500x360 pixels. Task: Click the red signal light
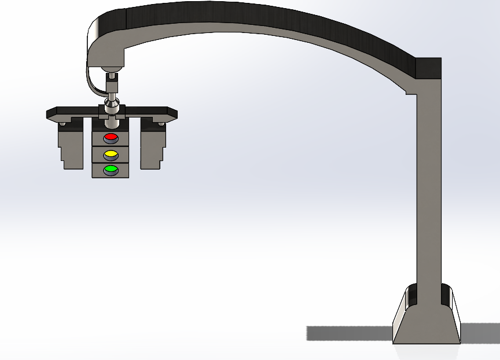111,138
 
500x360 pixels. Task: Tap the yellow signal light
111,155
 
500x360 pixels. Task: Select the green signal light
111,170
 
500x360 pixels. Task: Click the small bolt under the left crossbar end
62,123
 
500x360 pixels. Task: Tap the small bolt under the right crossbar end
160,123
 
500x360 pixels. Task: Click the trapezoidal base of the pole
427,324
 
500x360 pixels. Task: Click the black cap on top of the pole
429,68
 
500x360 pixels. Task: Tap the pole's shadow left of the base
347,333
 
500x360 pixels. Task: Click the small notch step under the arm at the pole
411,91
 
